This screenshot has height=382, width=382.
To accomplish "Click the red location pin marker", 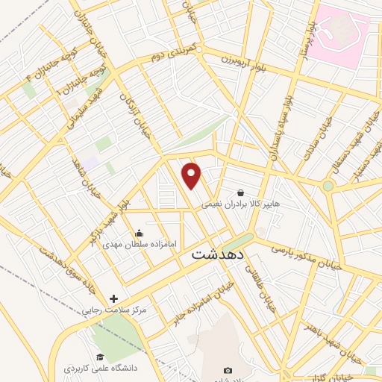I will click(x=192, y=175).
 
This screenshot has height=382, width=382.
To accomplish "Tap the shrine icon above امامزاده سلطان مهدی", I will click(x=137, y=232).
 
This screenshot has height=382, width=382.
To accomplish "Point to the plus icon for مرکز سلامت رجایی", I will click(x=113, y=298).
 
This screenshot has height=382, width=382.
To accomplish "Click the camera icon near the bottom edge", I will click(x=228, y=371).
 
